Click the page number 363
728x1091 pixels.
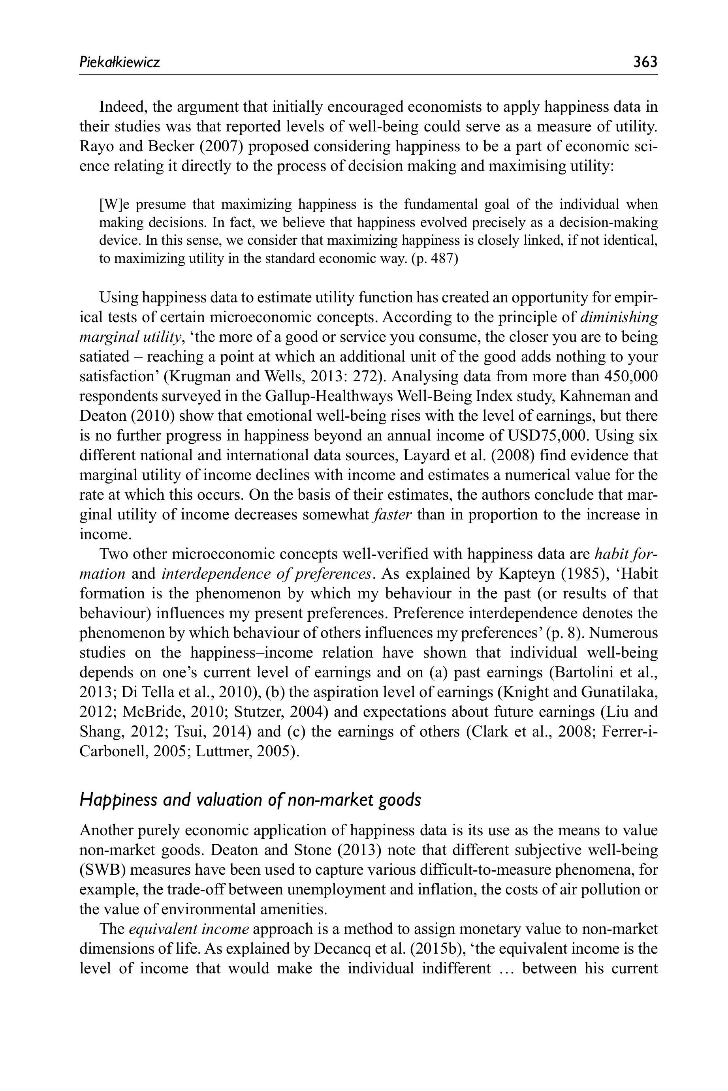(645, 61)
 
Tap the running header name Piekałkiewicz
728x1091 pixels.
(120, 62)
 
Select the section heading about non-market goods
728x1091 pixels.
(250, 800)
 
